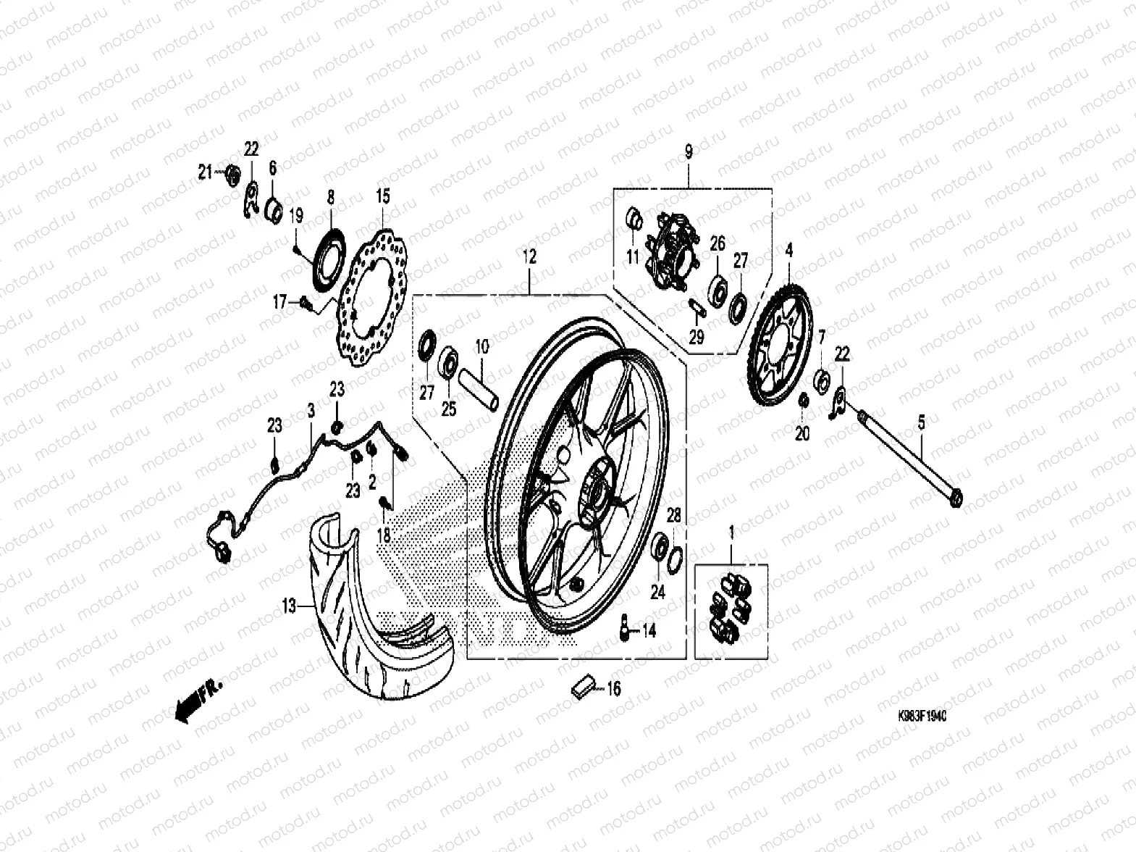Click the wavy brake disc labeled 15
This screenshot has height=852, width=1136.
point(373,293)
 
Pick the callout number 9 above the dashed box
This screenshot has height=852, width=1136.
point(688,152)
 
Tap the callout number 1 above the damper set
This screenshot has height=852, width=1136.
point(731,534)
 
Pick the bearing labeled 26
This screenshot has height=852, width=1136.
point(718,288)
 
